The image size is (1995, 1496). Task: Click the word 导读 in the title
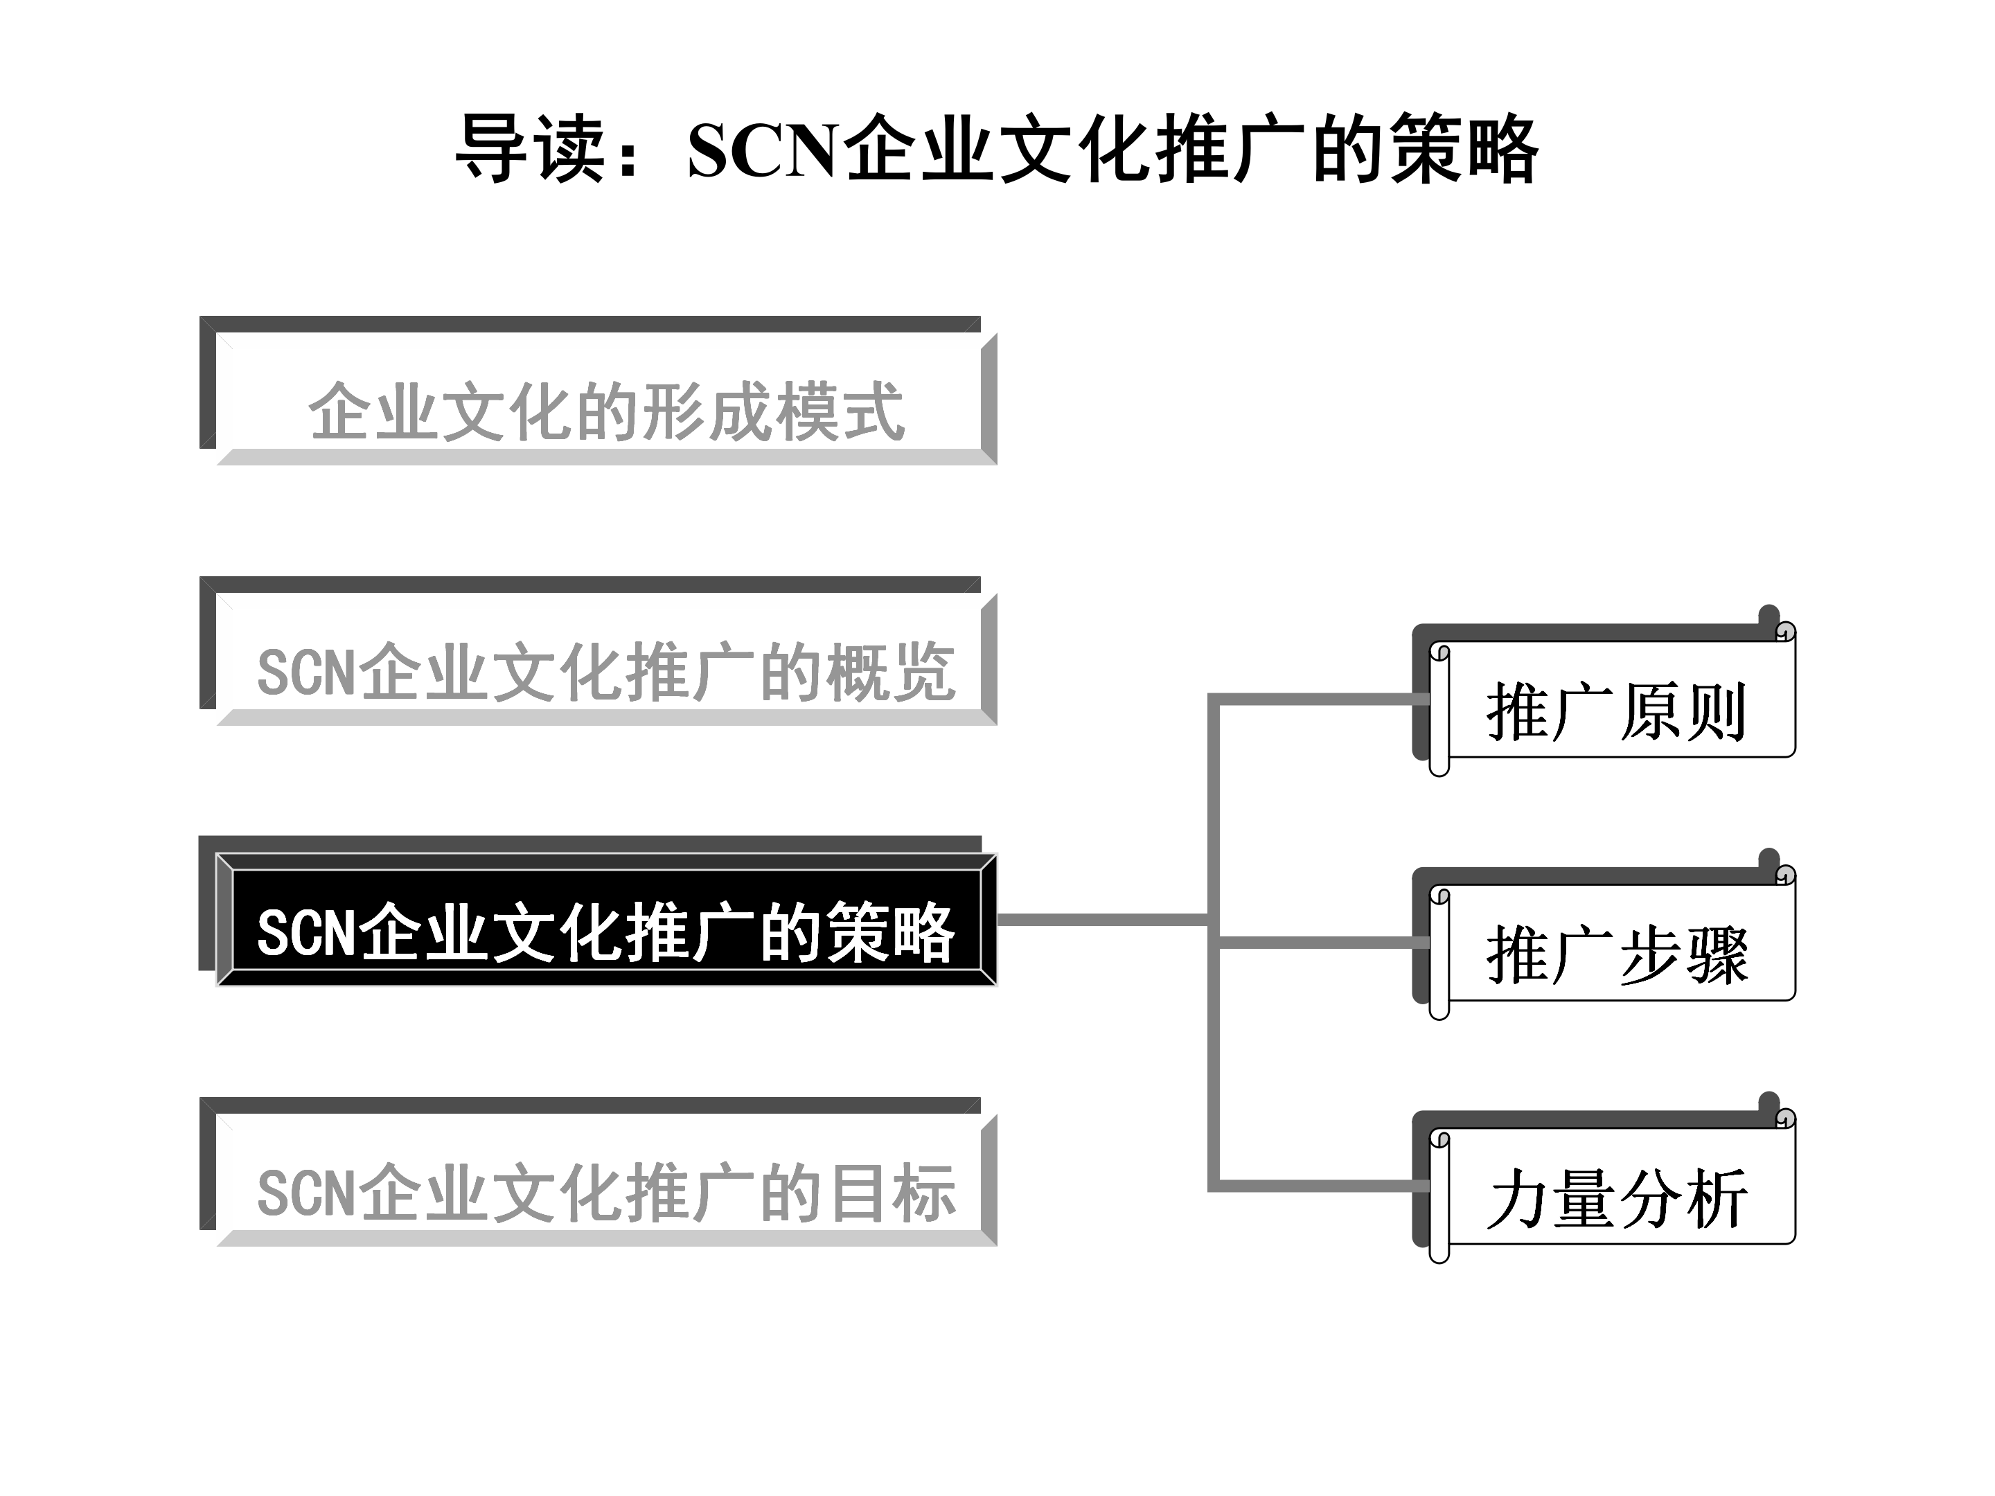click(x=531, y=149)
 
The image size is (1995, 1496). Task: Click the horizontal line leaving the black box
click(x=1100, y=920)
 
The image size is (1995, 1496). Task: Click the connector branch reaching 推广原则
click(x=1317, y=699)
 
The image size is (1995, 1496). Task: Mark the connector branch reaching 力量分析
click(x=1317, y=1186)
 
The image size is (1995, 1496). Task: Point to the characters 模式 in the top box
click(x=839, y=412)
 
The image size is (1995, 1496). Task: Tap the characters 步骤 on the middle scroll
click(x=1683, y=954)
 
